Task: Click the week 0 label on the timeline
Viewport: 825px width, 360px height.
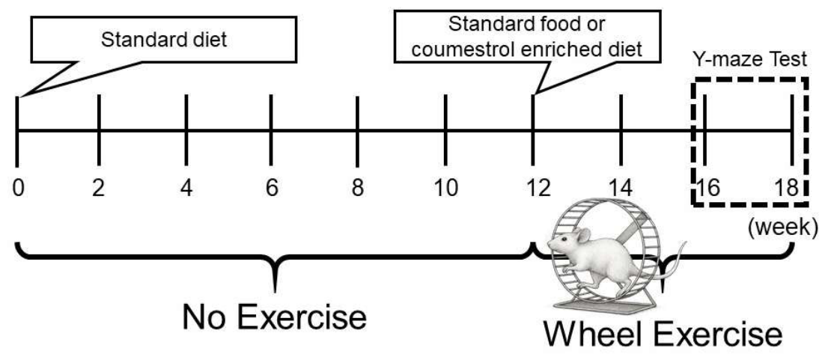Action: (x=19, y=189)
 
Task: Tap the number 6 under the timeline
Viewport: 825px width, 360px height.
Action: (x=272, y=189)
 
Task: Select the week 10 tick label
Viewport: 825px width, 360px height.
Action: (x=445, y=189)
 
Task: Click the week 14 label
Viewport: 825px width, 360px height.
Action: (x=621, y=189)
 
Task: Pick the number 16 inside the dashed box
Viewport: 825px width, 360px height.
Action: (x=708, y=189)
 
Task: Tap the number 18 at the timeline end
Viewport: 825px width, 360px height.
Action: (x=786, y=189)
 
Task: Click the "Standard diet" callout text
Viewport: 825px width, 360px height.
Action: (x=164, y=40)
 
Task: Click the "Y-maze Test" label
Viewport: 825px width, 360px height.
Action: (x=749, y=59)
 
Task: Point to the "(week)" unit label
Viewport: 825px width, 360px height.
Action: (x=783, y=228)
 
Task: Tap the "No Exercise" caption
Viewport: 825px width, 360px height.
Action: (x=274, y=317)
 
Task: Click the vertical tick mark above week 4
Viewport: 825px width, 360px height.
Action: (x=186, y=130)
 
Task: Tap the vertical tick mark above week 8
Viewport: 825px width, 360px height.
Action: (x=357, y=130)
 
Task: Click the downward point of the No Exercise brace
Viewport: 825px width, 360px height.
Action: (x=275, y=290)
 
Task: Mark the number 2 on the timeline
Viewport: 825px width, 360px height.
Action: (x=98, y=189)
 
